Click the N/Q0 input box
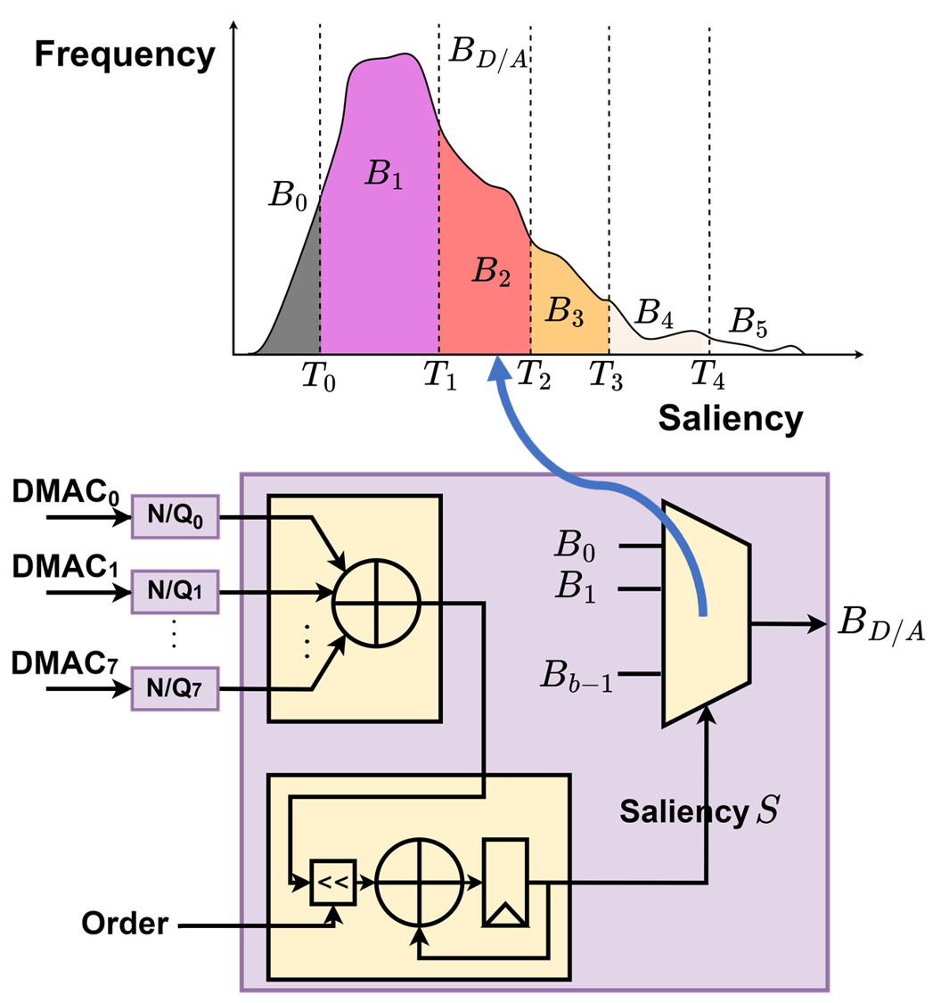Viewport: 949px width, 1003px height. [175, 516]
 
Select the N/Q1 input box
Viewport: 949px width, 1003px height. [175, 591]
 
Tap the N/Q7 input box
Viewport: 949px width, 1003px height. [175, 687]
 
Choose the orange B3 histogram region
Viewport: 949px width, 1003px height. [569, 312]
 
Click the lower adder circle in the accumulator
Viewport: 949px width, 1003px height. [420, 883]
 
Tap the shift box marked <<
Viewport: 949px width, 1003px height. [332, 883]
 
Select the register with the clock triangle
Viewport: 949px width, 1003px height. [505, 882]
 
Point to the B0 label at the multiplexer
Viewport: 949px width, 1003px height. [576, 545]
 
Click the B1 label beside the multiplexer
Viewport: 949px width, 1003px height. [576, 586]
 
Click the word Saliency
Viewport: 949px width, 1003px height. [683, 812]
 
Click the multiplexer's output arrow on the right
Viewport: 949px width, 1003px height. [815, 624]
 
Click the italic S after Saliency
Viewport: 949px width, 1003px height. [766, 811]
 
